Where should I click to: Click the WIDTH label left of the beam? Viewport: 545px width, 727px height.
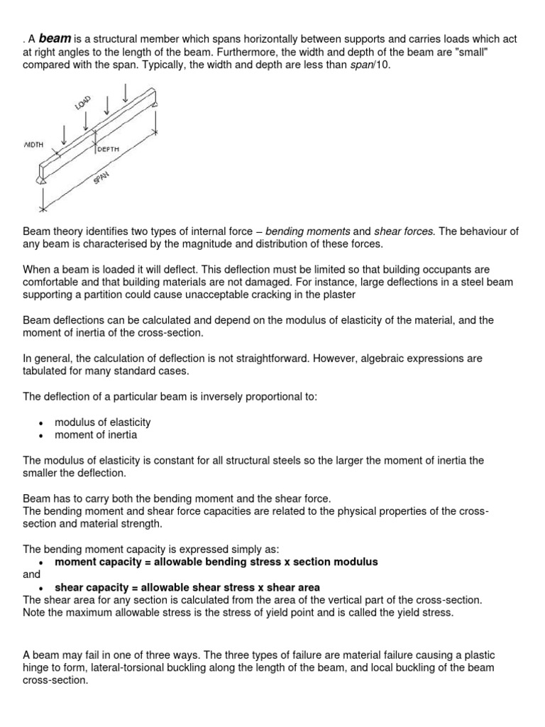(33, 144)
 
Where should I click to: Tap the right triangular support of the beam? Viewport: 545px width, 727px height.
(155, 102)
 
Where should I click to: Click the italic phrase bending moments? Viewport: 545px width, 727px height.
(307, 231)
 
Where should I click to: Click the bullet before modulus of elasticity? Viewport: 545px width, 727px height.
(42, 423)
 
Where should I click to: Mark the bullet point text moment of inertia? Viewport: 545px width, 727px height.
(96, 434)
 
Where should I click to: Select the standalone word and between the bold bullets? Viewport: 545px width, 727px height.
(31, 574)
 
